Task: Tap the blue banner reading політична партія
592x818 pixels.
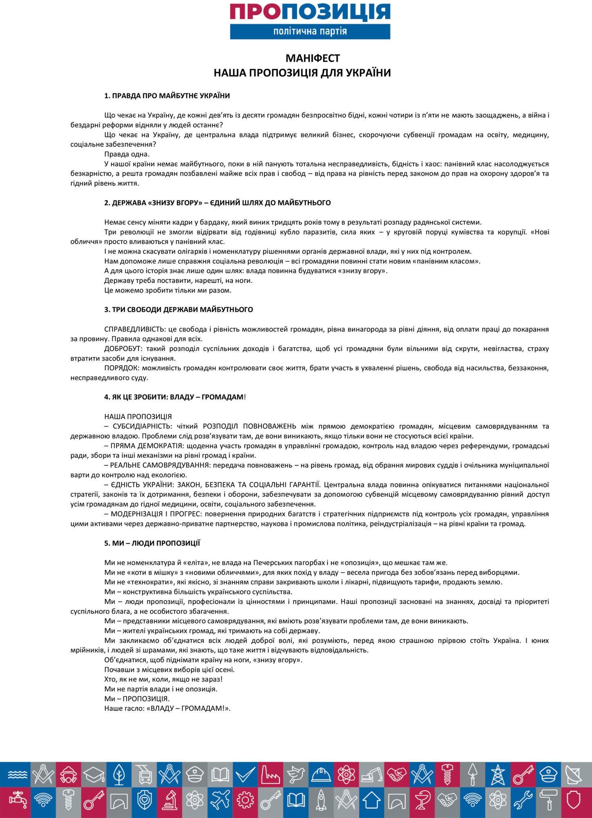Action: pyautogui.click(x=310, y=31)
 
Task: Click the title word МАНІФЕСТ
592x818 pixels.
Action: pyautogui.click(x=313, y=58)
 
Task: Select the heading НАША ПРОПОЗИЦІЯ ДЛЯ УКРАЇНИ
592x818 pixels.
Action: pyautogui.click(x=302, y=73)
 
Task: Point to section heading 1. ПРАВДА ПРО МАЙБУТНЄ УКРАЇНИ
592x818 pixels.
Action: pyautogui.click(x=167, y=96)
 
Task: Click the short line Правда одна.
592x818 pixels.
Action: pyautogui.click(x=127, y=154)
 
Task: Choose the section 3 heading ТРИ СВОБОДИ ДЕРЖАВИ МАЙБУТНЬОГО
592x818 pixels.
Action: pyautogui.click(x=178, y=310)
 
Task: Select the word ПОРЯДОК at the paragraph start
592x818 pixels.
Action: pyautogui.click(x=121, y=368)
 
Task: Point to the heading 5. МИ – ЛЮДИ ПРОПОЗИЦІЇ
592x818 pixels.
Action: pyautogui.click(x=152, y=543)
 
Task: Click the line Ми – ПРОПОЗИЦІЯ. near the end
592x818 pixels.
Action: pyautogui.click(x=137, y=699)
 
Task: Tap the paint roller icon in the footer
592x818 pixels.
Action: pyautogui.click(x=550, y=800)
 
